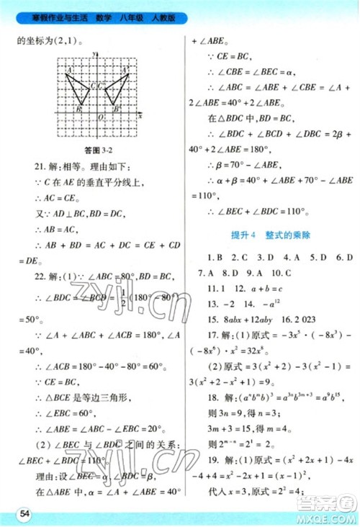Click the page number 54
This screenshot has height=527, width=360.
pos(25,512)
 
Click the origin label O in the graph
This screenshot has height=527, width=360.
pos(101,117)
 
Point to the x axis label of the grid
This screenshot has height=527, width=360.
pos(140,115)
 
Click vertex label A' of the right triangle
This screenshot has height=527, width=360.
pos(127,70)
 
